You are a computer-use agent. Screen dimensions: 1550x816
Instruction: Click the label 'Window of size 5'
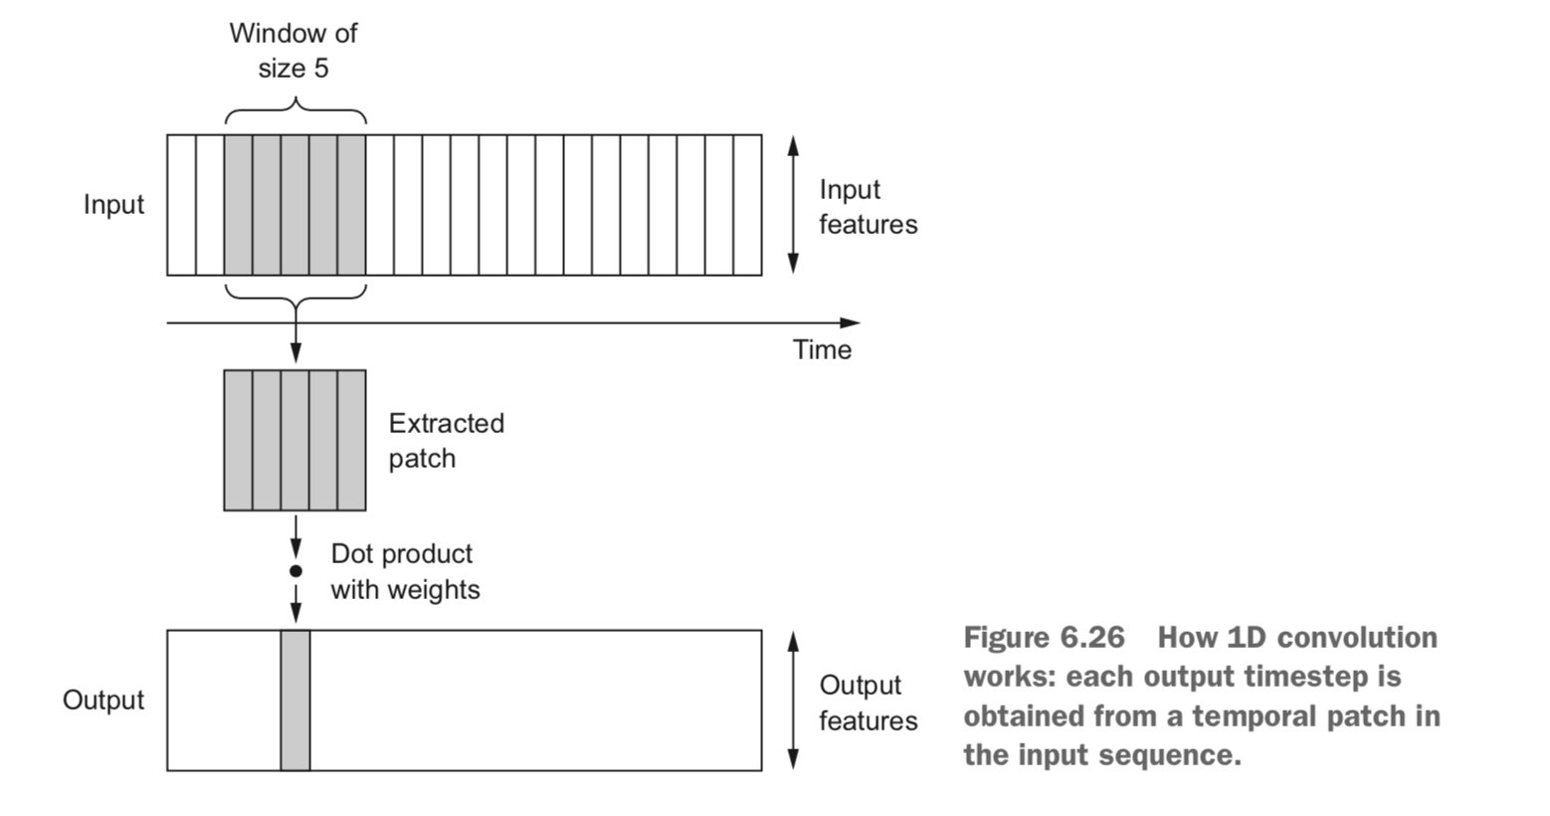[x=293, y=51]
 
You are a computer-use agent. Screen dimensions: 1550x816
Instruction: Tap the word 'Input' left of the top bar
[x=113, y=205]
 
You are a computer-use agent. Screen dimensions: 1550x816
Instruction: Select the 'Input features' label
[x=869, y=207]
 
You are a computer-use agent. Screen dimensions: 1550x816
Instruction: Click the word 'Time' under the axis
[x=822, y=349]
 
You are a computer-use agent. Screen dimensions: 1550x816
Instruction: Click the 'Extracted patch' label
[x=447, y=441]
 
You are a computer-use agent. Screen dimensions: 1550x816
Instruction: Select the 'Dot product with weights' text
[x=405, y=571]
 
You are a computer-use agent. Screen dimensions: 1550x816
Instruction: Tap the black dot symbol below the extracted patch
[x=295, y=571]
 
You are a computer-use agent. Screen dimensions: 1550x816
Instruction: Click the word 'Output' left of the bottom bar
[x=103, y=700]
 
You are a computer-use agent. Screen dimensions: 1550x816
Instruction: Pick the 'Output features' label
[x=869, y=703]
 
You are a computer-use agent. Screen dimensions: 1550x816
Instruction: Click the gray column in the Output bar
[x=295, y=701]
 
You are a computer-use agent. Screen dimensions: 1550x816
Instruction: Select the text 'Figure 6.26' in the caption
[x=1045, y=638]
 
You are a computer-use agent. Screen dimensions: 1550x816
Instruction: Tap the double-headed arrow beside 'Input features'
[x=793, y=205]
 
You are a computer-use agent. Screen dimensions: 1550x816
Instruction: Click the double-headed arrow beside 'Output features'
[x=793, y=701]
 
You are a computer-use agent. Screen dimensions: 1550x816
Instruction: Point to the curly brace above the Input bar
[x=295, y=110]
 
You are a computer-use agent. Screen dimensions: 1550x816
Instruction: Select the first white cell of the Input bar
[x=181, y=205]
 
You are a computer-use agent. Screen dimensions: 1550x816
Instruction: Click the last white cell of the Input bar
[x=747, y=205]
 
